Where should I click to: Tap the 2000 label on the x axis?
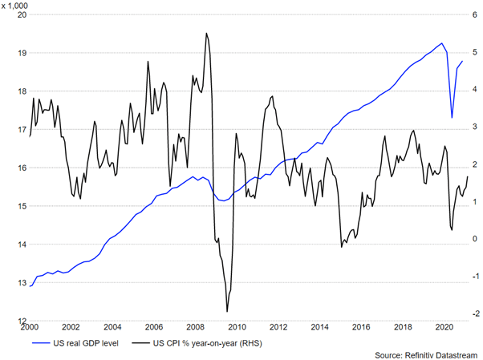(29, 327)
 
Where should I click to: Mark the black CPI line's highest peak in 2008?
(206, 34)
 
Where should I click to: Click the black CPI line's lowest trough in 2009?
(227, 311)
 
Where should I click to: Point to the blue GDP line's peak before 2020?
(442, 43)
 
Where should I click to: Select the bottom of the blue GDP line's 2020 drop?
(452, 118)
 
